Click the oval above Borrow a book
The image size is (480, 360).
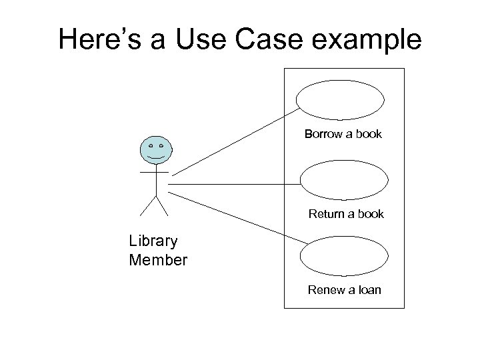coord(340,101)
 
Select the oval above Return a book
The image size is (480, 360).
coord(343,181)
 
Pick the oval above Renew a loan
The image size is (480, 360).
coord(343,256)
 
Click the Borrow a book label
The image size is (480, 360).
coord(343,134)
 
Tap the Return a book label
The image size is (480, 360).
coord(346,214)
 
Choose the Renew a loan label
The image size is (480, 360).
coord(344,290)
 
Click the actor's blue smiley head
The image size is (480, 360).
coord(155,151)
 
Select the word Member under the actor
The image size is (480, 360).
coord(158,259)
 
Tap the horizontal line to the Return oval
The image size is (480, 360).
coord(233,183)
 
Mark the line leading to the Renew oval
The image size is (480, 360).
coord(237,218)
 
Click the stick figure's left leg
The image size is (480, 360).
coord(147,207)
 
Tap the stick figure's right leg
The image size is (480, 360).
coord(162,207)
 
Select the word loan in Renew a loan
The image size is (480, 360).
coord(367,290)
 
